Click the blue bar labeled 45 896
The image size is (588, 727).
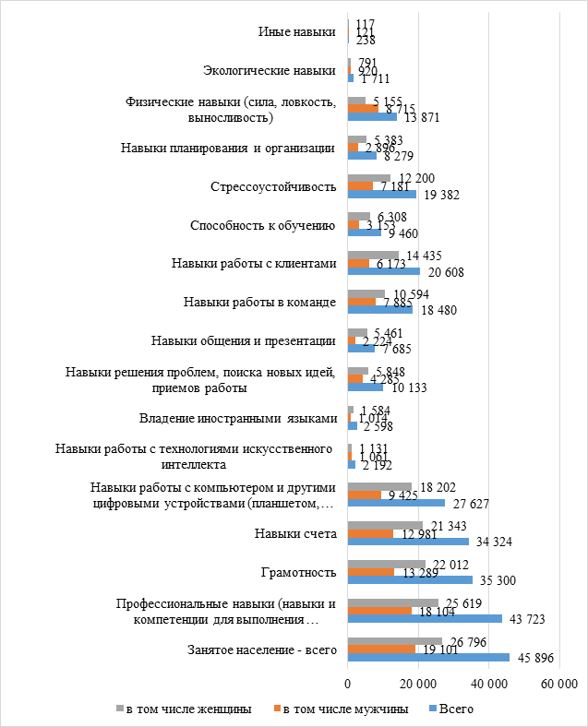click(428, 657)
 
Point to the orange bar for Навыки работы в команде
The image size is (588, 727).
click(361, 301)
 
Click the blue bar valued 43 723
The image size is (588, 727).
click(424, 617)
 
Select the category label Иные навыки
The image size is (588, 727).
click(296, 31)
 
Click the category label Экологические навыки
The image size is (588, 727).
click(269, 70)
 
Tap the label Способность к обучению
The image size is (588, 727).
click(261, 224)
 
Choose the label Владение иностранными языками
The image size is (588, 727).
click(238, 418)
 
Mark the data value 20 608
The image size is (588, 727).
click(444, 272)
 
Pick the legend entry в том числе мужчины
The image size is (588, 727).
click(343, 709)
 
